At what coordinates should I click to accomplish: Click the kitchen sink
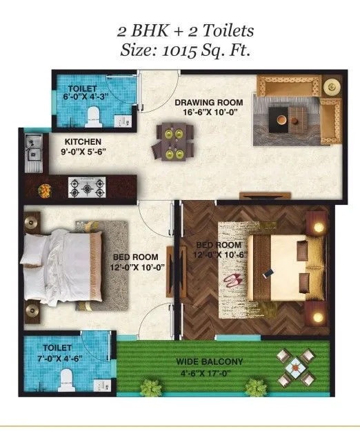pos(32,153)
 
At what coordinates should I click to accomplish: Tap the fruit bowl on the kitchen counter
pos(46,188)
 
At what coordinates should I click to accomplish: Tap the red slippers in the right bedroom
pos(231,281)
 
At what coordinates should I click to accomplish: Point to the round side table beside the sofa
pos(330,87)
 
